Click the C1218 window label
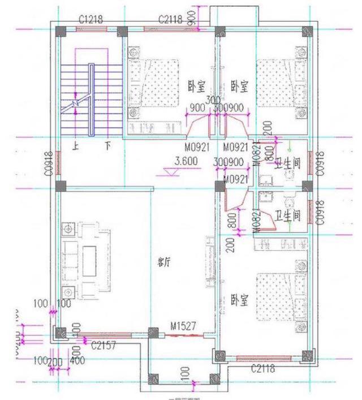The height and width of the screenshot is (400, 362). [x=91, y=19]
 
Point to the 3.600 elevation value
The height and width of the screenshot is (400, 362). [x=186, y=161]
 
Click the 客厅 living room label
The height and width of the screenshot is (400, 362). [x=165, y=262]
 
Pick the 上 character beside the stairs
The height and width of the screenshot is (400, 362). [x=74, y=145]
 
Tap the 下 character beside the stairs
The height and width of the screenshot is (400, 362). [x=107, y=145]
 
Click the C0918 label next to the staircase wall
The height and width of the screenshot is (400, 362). [x=49, y=163]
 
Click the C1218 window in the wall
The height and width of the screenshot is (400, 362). [x=91, y=29]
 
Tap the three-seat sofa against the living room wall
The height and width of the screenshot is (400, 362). [x=68, y=260]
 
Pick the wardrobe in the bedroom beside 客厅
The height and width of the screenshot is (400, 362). [x=281, y=243]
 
